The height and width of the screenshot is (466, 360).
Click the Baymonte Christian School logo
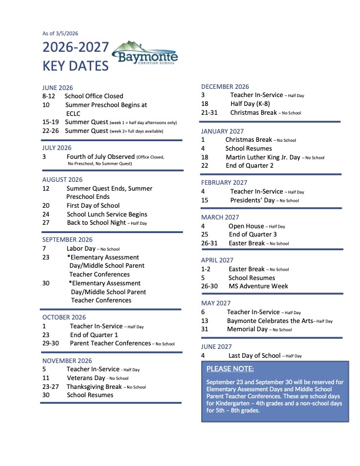(x=144, y=55)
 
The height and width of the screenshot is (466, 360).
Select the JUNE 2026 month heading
(x=57, y=88)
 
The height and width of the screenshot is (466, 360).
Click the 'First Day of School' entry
(x=93, y=206)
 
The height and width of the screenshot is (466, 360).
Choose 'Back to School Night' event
(x=96, y=223)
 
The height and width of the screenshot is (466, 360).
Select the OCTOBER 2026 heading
(x=64, y=317)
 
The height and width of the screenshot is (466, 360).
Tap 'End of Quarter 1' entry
(x=94, y=335)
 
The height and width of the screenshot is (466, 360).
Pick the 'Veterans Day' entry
(x=86, y=378)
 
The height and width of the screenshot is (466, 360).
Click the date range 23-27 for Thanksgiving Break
(x=51, y=387)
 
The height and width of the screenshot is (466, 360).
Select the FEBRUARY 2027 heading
(x=224, y=182)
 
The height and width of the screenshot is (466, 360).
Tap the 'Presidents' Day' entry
(x=254, y=200)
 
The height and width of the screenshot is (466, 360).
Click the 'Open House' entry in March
(x=246, y=226)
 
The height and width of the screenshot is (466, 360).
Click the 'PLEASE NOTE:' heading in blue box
(x=231, y=369)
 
